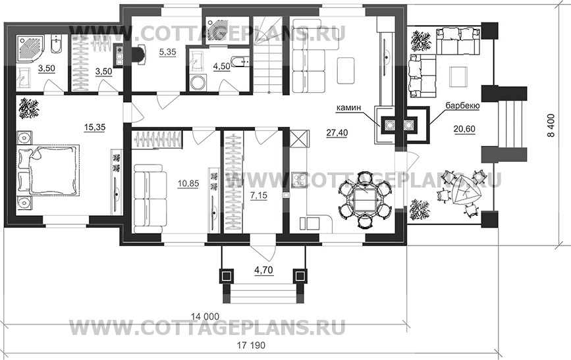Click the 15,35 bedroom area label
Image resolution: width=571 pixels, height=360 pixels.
[94, 128]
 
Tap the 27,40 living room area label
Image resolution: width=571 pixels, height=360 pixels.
[337, 133]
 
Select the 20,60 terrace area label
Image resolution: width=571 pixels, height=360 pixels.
[464, 128]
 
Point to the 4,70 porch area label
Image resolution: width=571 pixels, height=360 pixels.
[263, 270]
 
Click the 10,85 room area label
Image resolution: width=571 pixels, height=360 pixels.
[188, 183]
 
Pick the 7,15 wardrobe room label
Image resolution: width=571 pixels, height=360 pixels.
[259, 195]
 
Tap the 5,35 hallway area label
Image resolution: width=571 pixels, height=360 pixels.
[167, 52]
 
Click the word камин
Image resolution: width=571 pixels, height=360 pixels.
[348, 108]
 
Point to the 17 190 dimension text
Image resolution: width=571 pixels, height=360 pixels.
[252, 345]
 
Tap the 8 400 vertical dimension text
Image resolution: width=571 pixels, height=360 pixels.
[552, 126]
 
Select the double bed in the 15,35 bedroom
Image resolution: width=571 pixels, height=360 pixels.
[48, 170]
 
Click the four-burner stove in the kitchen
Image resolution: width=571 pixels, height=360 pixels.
[300, 180]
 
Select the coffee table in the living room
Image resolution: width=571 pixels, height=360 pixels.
[346, 70]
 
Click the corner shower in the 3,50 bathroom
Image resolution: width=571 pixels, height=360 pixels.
[30, 49]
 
